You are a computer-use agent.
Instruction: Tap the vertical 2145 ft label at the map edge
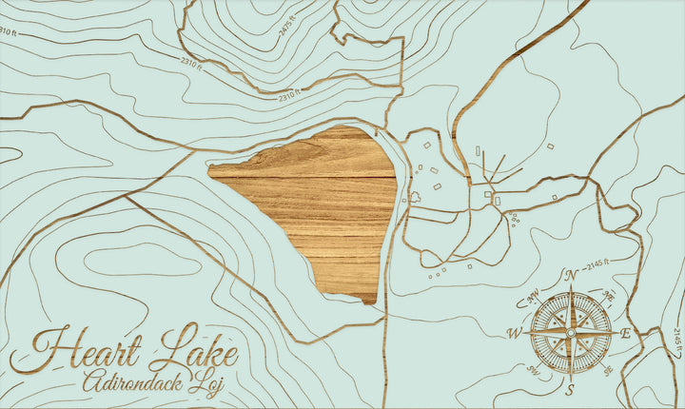[x=676, y=338]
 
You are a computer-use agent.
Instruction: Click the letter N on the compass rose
[x=571, y=276]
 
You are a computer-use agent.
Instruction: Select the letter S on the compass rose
[x=570, y=390]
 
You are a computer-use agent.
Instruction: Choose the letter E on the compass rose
[x=625, y=333]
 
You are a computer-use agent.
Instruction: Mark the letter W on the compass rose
[x=514, y=333]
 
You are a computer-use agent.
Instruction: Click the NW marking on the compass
[x=532, y=296]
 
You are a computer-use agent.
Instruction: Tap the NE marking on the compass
[x=609, y=296]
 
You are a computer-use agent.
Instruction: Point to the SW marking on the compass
[x=533, y=371]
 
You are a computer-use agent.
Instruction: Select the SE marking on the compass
[x=608, y=371]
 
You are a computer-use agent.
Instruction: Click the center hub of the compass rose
[x=570, y=333]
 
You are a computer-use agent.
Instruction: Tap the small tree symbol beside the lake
[x=415, y=198]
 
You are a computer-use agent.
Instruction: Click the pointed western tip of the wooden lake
[x=211, y=171]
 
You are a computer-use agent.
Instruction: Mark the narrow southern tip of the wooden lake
[x=369, y=300]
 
